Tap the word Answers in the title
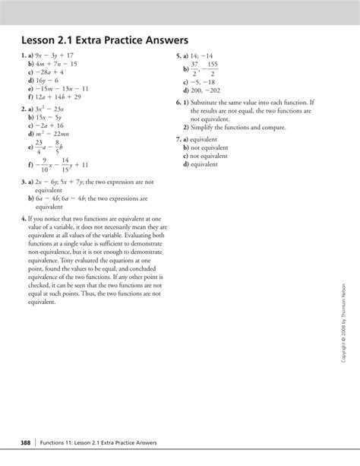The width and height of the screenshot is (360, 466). point(162,39)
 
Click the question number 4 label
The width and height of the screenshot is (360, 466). point(24,217)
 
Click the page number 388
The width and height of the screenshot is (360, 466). point(25,443)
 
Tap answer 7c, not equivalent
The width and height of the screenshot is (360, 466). point(208,156)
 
